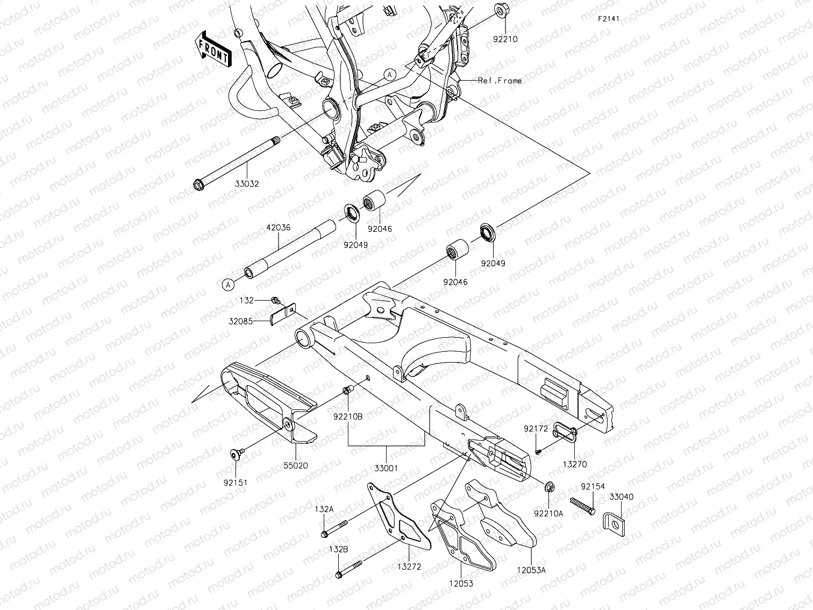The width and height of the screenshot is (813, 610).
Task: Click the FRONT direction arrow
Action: (x=213, y=48)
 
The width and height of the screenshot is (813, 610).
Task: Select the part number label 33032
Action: (x=247, y=183)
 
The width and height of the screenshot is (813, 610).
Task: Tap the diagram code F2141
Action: (x=609, y=18)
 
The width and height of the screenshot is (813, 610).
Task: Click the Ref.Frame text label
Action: (x=500, y=81)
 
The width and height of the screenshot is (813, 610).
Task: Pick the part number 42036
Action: (x=279, y=228)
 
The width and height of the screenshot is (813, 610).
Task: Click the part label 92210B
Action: (x=348, y=416)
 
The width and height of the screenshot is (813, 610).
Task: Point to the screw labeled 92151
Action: (x=236, y=455)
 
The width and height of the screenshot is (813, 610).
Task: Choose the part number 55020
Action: (x=296, y=466)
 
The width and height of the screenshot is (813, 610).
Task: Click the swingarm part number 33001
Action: (x=386, y=468)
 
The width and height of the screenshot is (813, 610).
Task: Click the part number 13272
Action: (x=410, y=566)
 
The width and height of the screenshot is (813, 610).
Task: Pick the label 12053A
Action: (x=531, y=570)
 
